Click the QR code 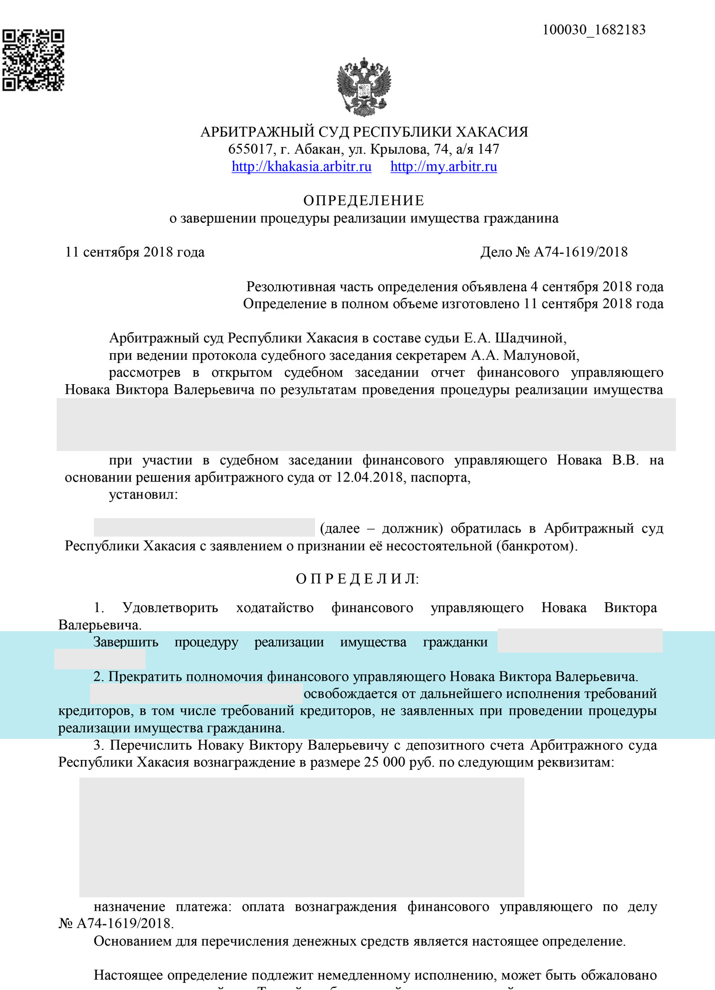[33, 60]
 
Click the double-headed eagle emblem [364, 86]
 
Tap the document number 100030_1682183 [594, 30]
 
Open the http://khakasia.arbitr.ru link [301, 167]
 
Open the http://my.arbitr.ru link [443, 167]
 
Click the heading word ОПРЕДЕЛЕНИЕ [364, 201]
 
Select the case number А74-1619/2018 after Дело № [580, 252]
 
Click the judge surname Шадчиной [530, 338]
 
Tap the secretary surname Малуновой [541, 355]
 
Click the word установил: [143, 495]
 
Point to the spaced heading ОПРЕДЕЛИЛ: [358, 579]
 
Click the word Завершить [126, 642]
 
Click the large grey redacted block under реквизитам [302, 837]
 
